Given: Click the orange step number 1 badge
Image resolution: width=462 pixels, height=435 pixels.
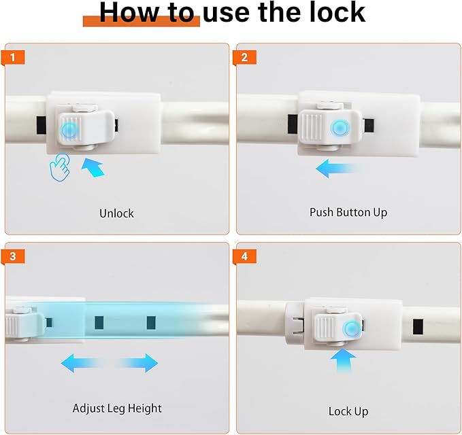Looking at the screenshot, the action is pyautogui.click(x=13, y=57).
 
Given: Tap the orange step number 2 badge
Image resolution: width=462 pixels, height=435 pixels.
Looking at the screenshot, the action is pyautogui.click(x=244, y=57).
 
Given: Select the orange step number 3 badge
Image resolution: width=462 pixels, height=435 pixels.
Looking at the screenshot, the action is pyautogui.click(x=13, y=256).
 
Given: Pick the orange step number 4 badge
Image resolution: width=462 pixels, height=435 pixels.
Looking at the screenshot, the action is pyautogui.click(x=244, y=256).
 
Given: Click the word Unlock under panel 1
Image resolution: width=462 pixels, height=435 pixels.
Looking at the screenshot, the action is pyautogui.click(x=116, y=213).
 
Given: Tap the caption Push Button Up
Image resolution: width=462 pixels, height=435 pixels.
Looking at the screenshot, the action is pyautogui.click(x=348, y=213).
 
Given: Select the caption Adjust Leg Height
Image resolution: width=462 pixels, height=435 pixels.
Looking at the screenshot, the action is pyautogui.click(x=117, y=408).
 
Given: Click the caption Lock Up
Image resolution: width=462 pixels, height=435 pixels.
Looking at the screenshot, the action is pyautogui.click(x=348, y=411).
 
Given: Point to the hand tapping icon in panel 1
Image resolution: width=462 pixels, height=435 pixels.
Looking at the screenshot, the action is pyautogui.click(x=60, y=167).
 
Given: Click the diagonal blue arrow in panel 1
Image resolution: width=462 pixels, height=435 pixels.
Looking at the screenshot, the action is pyautogui.click(x=93, y=167).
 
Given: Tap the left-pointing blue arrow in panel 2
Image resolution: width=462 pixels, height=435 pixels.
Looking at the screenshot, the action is pyautogui.click(x=337, y=169).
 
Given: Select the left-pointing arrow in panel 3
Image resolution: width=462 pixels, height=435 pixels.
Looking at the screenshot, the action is pyautogui.click(x=82, y=363).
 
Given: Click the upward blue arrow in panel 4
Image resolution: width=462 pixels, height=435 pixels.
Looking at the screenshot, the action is pyautogui.click(x=344, y=361).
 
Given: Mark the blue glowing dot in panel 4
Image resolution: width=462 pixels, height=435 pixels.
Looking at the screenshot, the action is pyautogui.click(x=352, y=329).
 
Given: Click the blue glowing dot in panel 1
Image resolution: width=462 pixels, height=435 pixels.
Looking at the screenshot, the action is pyautogui.click(x=69, y=130).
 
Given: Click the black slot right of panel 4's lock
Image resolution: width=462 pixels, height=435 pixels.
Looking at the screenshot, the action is pyautogui.click(x=418, y=327).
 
